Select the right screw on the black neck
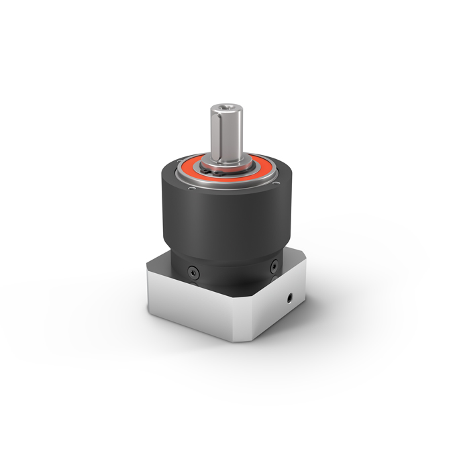[x=274, y=268]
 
